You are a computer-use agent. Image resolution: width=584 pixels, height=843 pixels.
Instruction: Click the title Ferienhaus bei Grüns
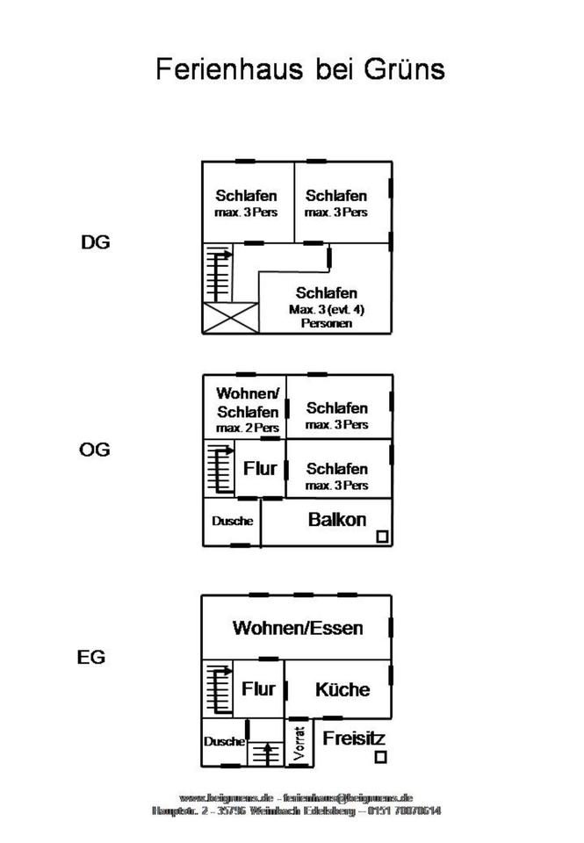coord(300,69)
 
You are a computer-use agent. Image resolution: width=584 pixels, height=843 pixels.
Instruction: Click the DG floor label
coord(96,243)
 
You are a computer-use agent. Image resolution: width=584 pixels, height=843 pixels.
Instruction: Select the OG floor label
coord(95,450)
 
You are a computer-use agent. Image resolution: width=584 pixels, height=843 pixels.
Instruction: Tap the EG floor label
coord(91,657)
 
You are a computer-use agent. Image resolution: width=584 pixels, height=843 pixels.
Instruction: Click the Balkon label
coord(337,519)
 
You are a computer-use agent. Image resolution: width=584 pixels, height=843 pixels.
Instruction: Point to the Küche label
coord(342,690)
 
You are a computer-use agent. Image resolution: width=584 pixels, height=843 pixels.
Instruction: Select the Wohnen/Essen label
coord(298,628)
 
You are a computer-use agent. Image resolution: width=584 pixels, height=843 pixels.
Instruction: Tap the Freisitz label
coord(354,739)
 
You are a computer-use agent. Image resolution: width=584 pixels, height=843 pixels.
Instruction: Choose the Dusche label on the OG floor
coord(232,521)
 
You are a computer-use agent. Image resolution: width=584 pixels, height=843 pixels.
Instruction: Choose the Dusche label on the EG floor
coord(224,741)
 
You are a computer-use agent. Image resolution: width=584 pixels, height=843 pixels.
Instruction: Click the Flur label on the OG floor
coord(260,469)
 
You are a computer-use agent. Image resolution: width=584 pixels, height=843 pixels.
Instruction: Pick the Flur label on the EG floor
coord(258,689)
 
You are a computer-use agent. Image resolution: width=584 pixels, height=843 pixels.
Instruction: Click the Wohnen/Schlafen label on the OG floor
coord(248,402)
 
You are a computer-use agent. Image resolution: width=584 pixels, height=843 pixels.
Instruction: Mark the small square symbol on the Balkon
coord(382,537)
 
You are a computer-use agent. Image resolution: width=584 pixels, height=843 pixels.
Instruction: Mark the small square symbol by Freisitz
coord(380,757)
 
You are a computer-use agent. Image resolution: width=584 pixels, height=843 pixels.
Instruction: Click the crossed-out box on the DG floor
coord(230,318)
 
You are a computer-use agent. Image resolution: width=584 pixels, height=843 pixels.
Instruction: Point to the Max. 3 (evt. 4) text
coord(327,310)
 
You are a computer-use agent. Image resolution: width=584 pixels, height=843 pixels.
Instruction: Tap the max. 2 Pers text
coord(248,428)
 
